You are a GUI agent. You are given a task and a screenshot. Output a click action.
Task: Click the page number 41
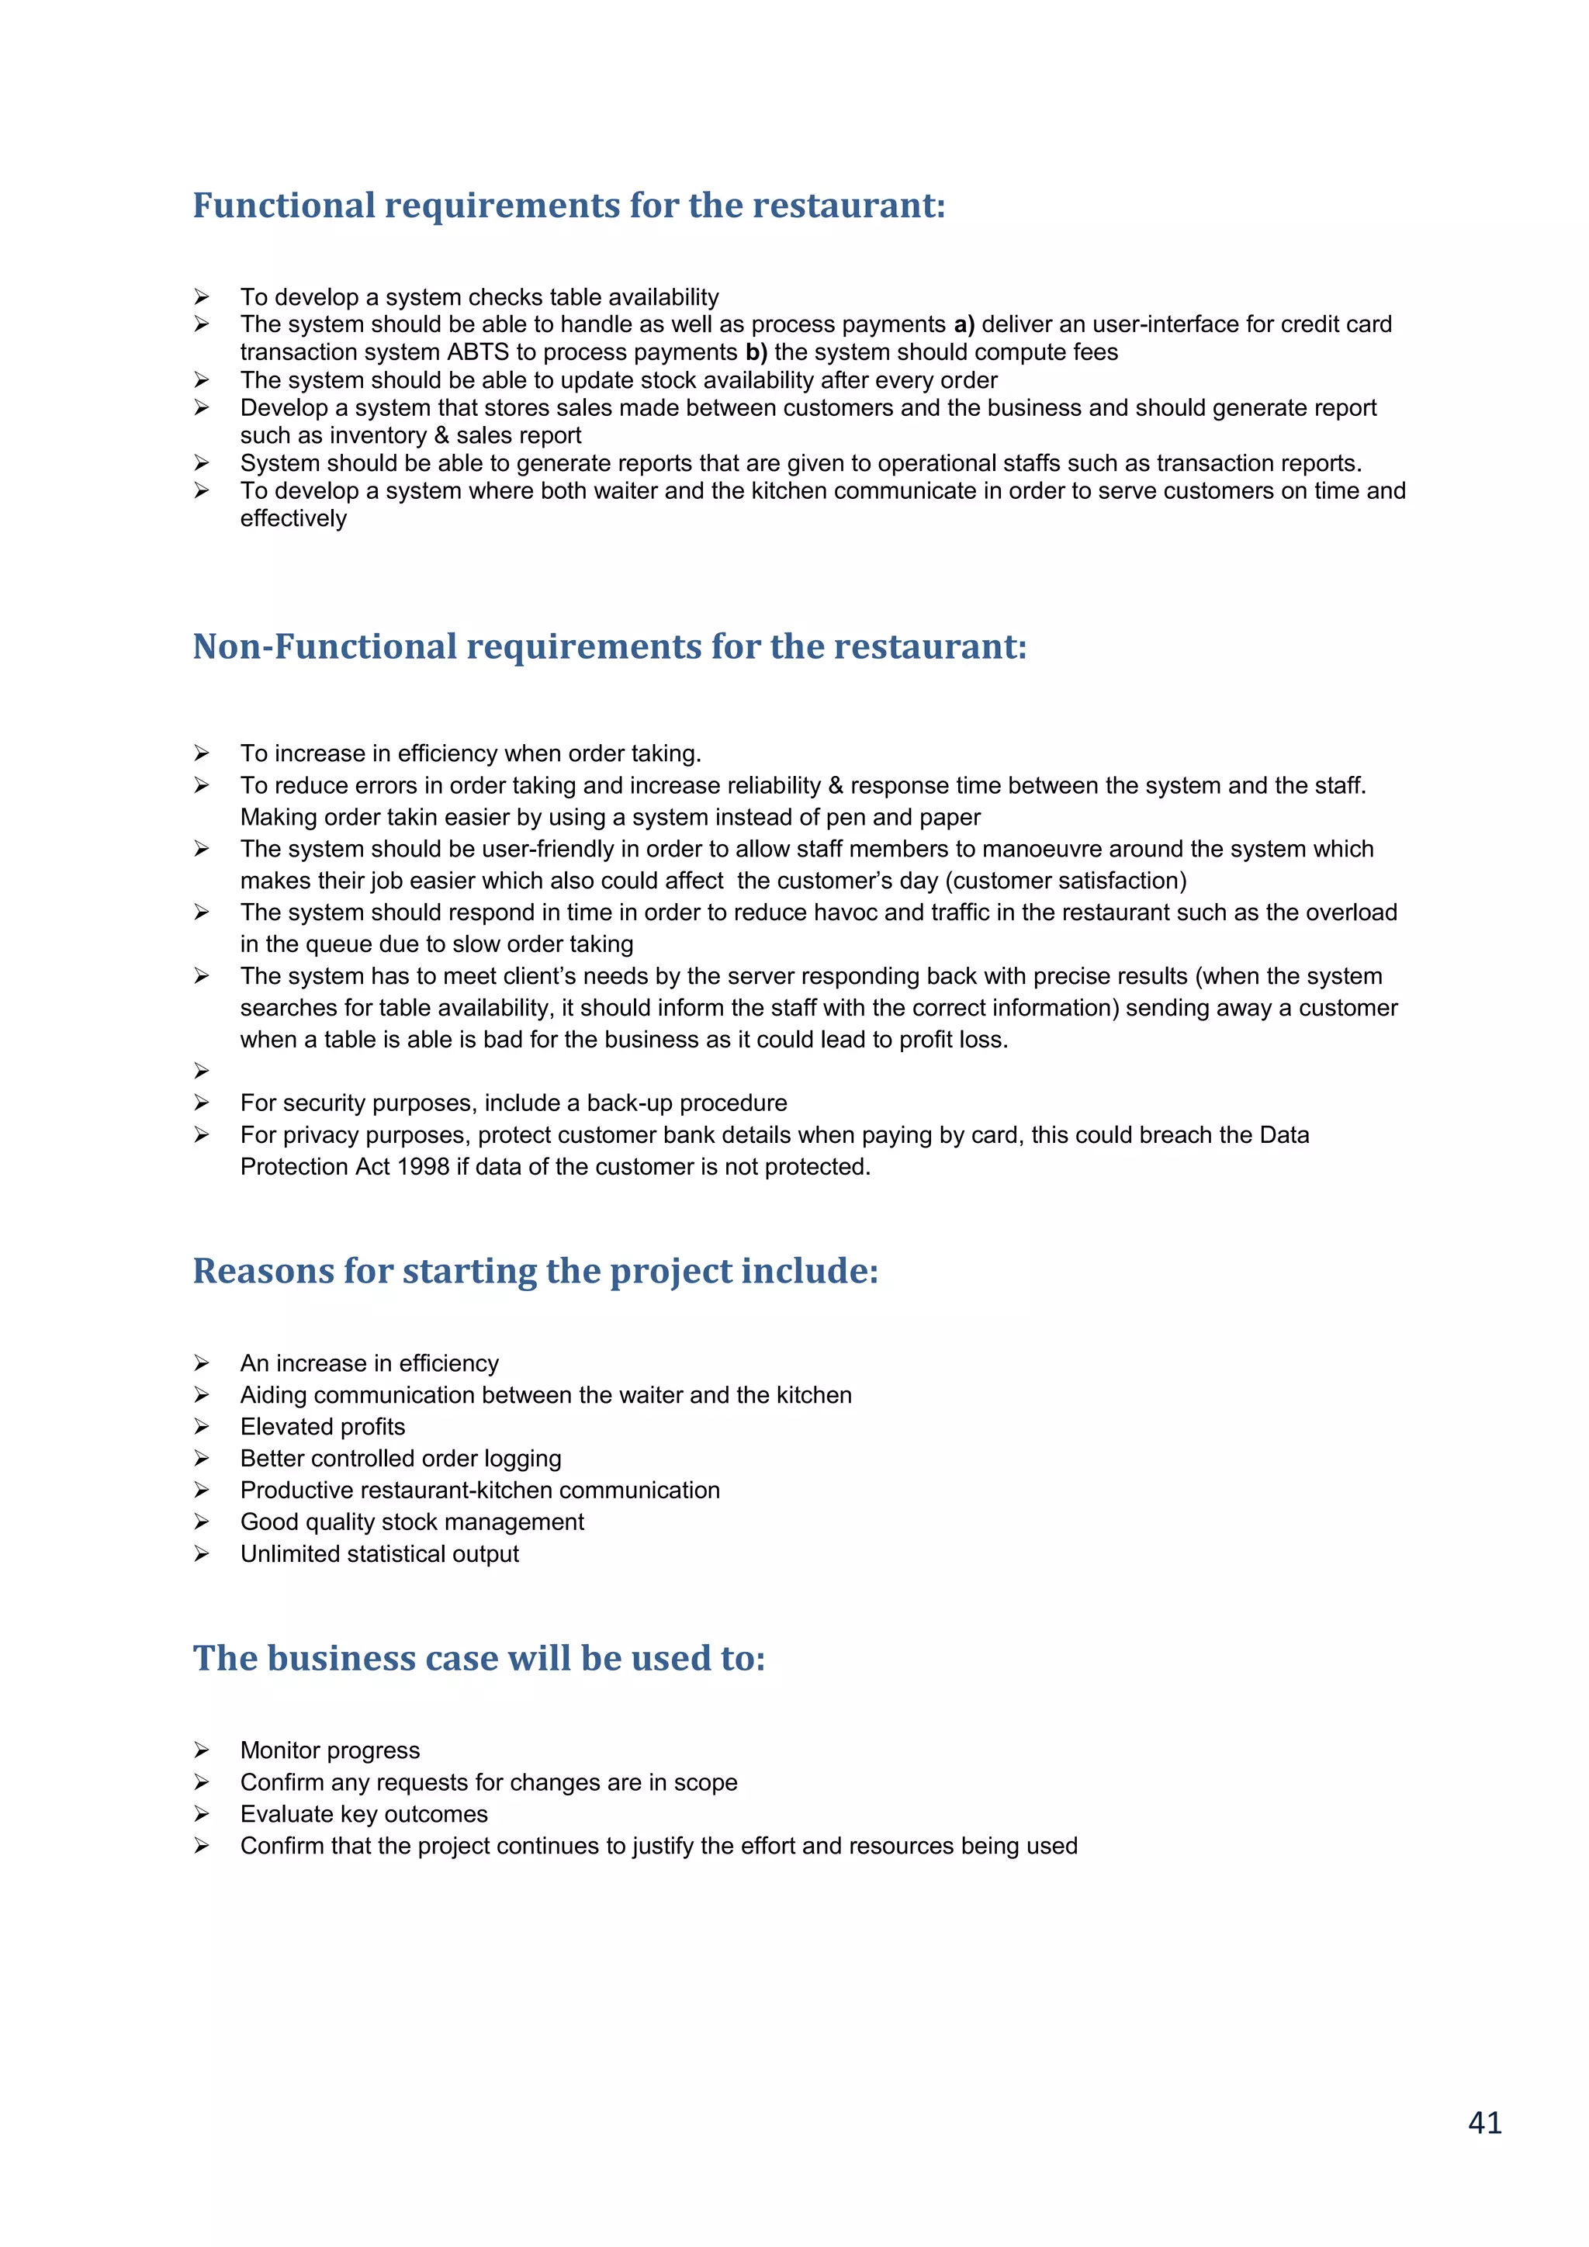1484,2122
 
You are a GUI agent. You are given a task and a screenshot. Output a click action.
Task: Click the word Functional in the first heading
284,206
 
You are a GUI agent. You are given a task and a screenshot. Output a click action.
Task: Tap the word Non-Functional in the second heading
325,647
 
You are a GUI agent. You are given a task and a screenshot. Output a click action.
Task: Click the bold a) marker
964,325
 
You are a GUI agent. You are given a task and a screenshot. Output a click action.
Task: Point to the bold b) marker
756,352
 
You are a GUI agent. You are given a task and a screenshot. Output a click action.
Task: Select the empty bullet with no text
202,1071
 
